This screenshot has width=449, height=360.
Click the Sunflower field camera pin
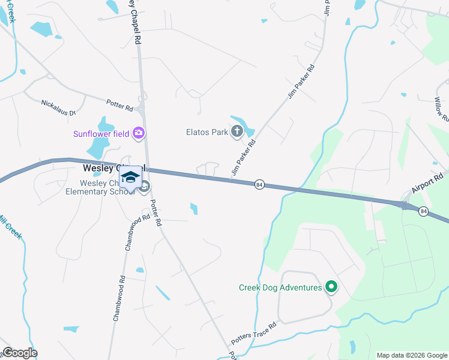(x=139, y=133)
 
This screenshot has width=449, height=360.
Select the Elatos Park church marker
(x=237, y=131)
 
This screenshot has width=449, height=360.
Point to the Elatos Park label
(x=205, y=132)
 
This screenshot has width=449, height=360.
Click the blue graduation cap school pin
(x=131, y=176)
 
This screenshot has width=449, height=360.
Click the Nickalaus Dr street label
(x=58, y=108)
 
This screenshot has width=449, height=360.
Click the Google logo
(x=19, y=353)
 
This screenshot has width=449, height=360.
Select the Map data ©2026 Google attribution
(x=412, y=355)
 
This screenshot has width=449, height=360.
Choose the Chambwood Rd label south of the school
(x=120, y=298)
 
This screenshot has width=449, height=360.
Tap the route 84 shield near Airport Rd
(x=424, y=211)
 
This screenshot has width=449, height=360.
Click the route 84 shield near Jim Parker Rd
(x=259, y=184)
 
